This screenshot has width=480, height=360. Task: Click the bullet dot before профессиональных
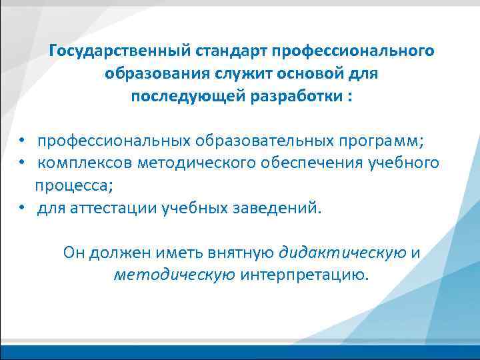click(x=22, y=141)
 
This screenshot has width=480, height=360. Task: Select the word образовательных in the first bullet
click(x=267, y=141)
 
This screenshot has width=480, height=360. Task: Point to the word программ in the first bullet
click(x=380, y=141)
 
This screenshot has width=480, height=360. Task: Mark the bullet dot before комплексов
click(x=22, y=163)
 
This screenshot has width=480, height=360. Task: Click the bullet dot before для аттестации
click(x=22, y=207)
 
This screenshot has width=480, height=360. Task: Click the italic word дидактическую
click(x=343, y=252)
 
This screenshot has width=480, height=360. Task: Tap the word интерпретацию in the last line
click(x=303, y=274)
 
